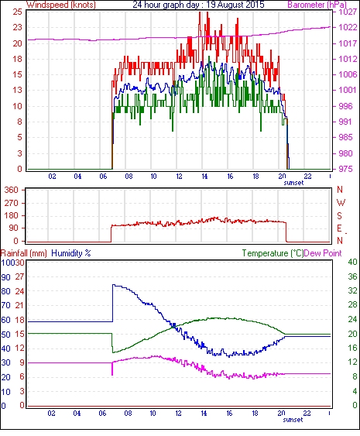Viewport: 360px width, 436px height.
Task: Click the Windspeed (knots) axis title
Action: click(61, 5)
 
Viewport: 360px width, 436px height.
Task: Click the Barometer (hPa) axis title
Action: click(317, 5)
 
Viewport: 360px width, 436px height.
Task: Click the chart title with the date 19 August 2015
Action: click(198, 5)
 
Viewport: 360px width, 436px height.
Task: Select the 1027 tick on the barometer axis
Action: click(348, 12)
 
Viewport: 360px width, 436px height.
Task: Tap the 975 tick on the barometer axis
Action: click(345, 169)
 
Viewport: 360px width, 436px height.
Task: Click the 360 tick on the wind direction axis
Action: click(11, 191)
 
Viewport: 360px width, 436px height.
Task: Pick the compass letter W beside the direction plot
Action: click(341, 203)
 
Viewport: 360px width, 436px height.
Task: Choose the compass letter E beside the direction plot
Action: click(339, 228)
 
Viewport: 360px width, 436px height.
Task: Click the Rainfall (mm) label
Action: click(24, 253)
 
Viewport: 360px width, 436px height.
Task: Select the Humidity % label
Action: click(71, 253)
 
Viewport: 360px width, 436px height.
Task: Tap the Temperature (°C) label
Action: click(273, 253)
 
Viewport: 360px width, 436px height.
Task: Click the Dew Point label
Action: click(323, 253)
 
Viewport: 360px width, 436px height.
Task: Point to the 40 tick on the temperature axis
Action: click(352, 262)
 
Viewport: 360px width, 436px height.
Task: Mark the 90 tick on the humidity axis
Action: click(5, 277)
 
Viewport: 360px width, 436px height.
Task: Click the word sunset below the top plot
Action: click(293, 183)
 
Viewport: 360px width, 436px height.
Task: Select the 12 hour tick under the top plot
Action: click(179, 177)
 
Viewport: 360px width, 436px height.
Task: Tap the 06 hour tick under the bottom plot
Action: click(102, 414)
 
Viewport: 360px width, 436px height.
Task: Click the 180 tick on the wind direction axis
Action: click(11, 215)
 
